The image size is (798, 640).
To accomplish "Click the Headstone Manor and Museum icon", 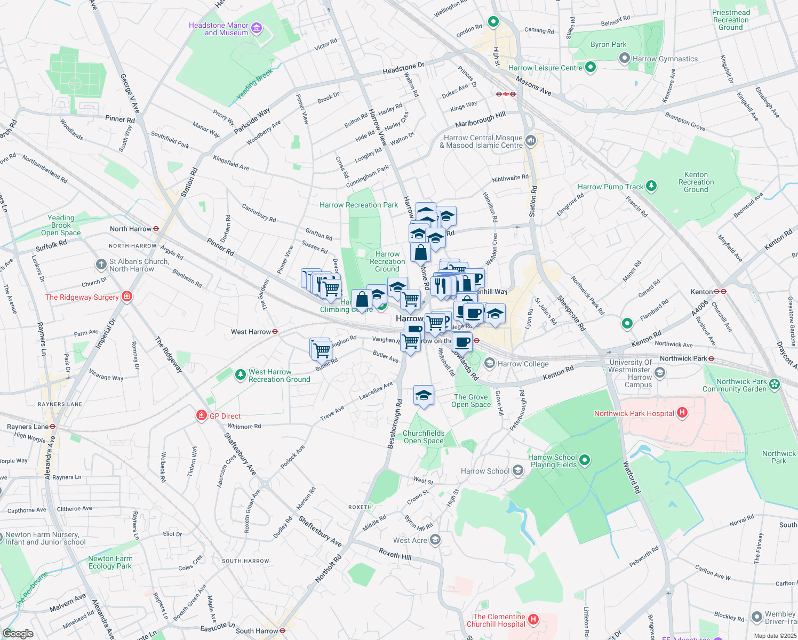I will click(x=257, y=28).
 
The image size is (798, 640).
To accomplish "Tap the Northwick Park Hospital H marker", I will click(x=682, y=413).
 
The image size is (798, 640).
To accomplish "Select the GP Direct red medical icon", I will click(x=201, y=415).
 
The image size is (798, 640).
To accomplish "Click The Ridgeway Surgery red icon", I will click(x=126, y=297).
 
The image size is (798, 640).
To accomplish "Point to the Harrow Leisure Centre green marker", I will click(x=590, y=67).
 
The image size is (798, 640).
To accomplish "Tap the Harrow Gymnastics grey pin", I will click(x=624, y=59).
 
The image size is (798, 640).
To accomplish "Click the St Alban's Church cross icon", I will click(x=101, y=265).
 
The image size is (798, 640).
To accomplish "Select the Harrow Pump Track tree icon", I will click(x=651, y=186).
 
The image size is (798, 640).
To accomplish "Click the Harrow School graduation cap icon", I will click(x=517, y=470).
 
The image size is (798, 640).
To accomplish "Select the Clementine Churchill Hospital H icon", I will click(x=533, y=620).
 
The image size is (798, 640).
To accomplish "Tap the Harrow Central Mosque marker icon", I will click(x=530, y=141).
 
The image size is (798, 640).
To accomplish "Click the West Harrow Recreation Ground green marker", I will click(x=241, y=375).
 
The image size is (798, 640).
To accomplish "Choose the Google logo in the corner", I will click(x=18, y=633).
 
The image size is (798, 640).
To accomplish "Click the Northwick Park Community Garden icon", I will click(x=775, y=384).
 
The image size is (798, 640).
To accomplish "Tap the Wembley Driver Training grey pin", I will click(x=756, y=617).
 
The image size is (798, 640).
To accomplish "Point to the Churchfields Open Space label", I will click(x=424, y=437).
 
